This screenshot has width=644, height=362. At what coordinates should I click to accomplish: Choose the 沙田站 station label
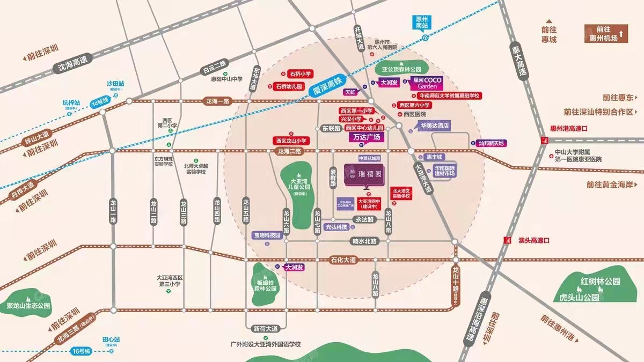click(x=115, y=84)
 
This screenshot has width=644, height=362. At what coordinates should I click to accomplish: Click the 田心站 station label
click(x=111, y=339)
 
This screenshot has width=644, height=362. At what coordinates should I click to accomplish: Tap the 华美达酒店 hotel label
click(x=434, y=125)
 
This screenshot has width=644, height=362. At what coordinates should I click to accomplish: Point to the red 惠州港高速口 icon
click(x=544, y=140)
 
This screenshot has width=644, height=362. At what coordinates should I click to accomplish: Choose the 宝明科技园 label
click(x=267, y=235)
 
